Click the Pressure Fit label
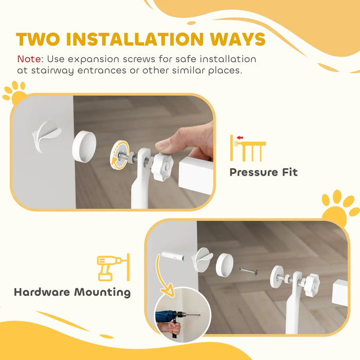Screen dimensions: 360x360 point(263,172)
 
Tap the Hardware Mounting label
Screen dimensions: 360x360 point(72,293)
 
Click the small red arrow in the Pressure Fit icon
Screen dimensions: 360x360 point(240,138)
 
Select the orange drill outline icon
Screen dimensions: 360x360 point(110,267)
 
